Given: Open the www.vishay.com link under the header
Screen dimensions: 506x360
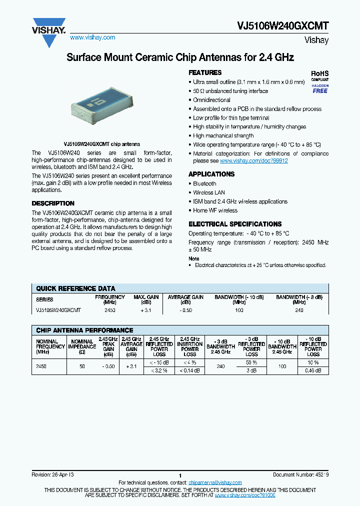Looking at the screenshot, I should tap(92, 37).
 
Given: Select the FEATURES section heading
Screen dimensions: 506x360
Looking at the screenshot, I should tap(205, 73).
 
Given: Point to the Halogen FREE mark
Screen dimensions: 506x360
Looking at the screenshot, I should tap(320, 88).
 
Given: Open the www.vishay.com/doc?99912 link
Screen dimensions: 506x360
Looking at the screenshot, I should tap(253, 161).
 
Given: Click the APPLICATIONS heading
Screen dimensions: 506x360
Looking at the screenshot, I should tap(211, 174).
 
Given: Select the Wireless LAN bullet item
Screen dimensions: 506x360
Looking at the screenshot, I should tap(209, 192).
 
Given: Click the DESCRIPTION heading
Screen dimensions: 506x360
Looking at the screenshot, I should tap(53, 203).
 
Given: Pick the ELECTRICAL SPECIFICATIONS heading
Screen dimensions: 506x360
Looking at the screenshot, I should tap(235, 224).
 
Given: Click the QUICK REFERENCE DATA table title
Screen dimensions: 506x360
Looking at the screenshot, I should tap(75, 288).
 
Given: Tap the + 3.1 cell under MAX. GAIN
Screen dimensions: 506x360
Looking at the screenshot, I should tap(146, 310).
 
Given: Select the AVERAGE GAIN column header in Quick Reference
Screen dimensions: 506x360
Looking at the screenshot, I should tap(185, 299).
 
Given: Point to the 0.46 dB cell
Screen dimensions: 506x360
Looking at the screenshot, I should tap(313, 370).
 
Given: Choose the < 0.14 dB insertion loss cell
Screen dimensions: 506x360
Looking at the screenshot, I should tap(190, 370).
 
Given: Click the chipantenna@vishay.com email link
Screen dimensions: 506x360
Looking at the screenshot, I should tap(215, 482).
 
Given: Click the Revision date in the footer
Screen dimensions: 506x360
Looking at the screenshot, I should tap(52, 474).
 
